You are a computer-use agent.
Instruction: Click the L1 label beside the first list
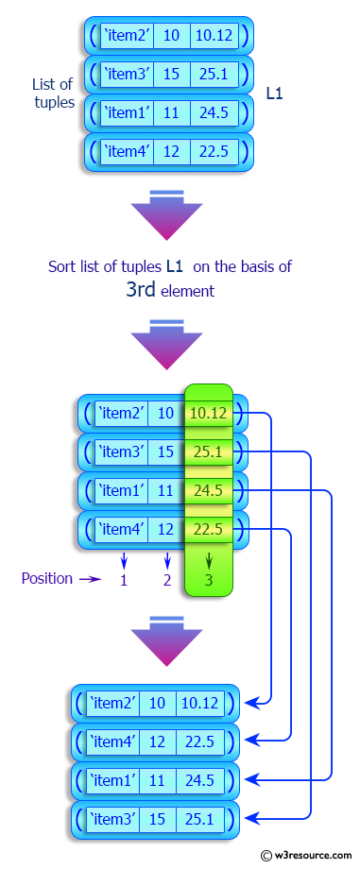(276, 94)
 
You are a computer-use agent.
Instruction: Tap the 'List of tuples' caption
(53, 94)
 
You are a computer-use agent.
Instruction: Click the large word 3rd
(141, 291)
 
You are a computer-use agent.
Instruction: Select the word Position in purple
(46, 578)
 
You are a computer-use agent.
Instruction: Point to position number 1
(124, 580)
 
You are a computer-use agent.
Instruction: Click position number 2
(167, 580)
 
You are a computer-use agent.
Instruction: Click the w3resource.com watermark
(302, 855)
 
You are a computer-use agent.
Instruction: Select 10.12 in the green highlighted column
(208, 413)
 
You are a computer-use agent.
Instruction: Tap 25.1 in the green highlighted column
(208, 452)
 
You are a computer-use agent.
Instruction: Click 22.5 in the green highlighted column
(208, 530)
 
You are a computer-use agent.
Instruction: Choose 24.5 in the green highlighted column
(208, 491)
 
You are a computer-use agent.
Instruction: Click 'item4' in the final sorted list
(112, 741)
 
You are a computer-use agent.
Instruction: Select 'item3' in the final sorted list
(112, 818)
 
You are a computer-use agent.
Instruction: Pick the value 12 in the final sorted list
(157, 741)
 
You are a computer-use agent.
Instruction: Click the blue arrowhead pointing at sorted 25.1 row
(251, 818)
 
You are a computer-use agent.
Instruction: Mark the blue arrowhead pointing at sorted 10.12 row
(251, 703)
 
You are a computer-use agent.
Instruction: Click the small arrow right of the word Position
(90, 579)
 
